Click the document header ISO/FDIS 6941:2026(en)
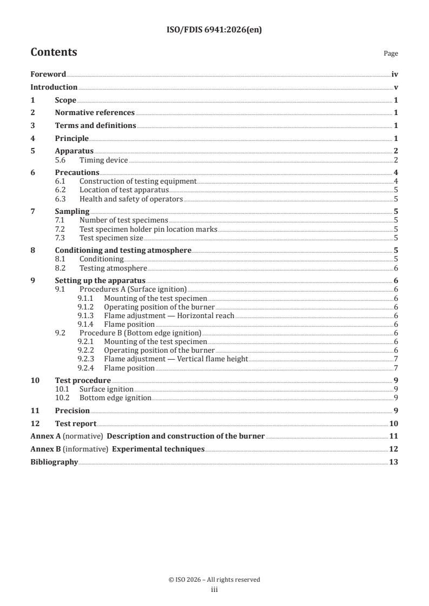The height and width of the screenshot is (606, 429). click(214, 30)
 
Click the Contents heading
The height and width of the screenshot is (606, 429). click(54, 53)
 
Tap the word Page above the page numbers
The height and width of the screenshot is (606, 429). click(391, 53)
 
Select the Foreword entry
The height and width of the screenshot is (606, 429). click(48, 75)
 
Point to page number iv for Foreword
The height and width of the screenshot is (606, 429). click(394, 75)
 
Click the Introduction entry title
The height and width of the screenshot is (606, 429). click(54, 87)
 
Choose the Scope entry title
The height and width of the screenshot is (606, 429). click(65, 100)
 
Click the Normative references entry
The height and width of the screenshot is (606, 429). click(95, 112)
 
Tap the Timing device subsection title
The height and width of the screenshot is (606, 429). click(103, 160)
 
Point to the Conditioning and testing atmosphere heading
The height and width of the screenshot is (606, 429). click(123, 250)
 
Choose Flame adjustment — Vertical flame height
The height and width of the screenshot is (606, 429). click(176, 359)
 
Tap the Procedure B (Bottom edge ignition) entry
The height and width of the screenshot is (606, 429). click(140, 333)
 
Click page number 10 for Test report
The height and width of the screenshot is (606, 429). click(394, 423)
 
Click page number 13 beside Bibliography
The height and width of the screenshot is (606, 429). click(394, 462)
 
